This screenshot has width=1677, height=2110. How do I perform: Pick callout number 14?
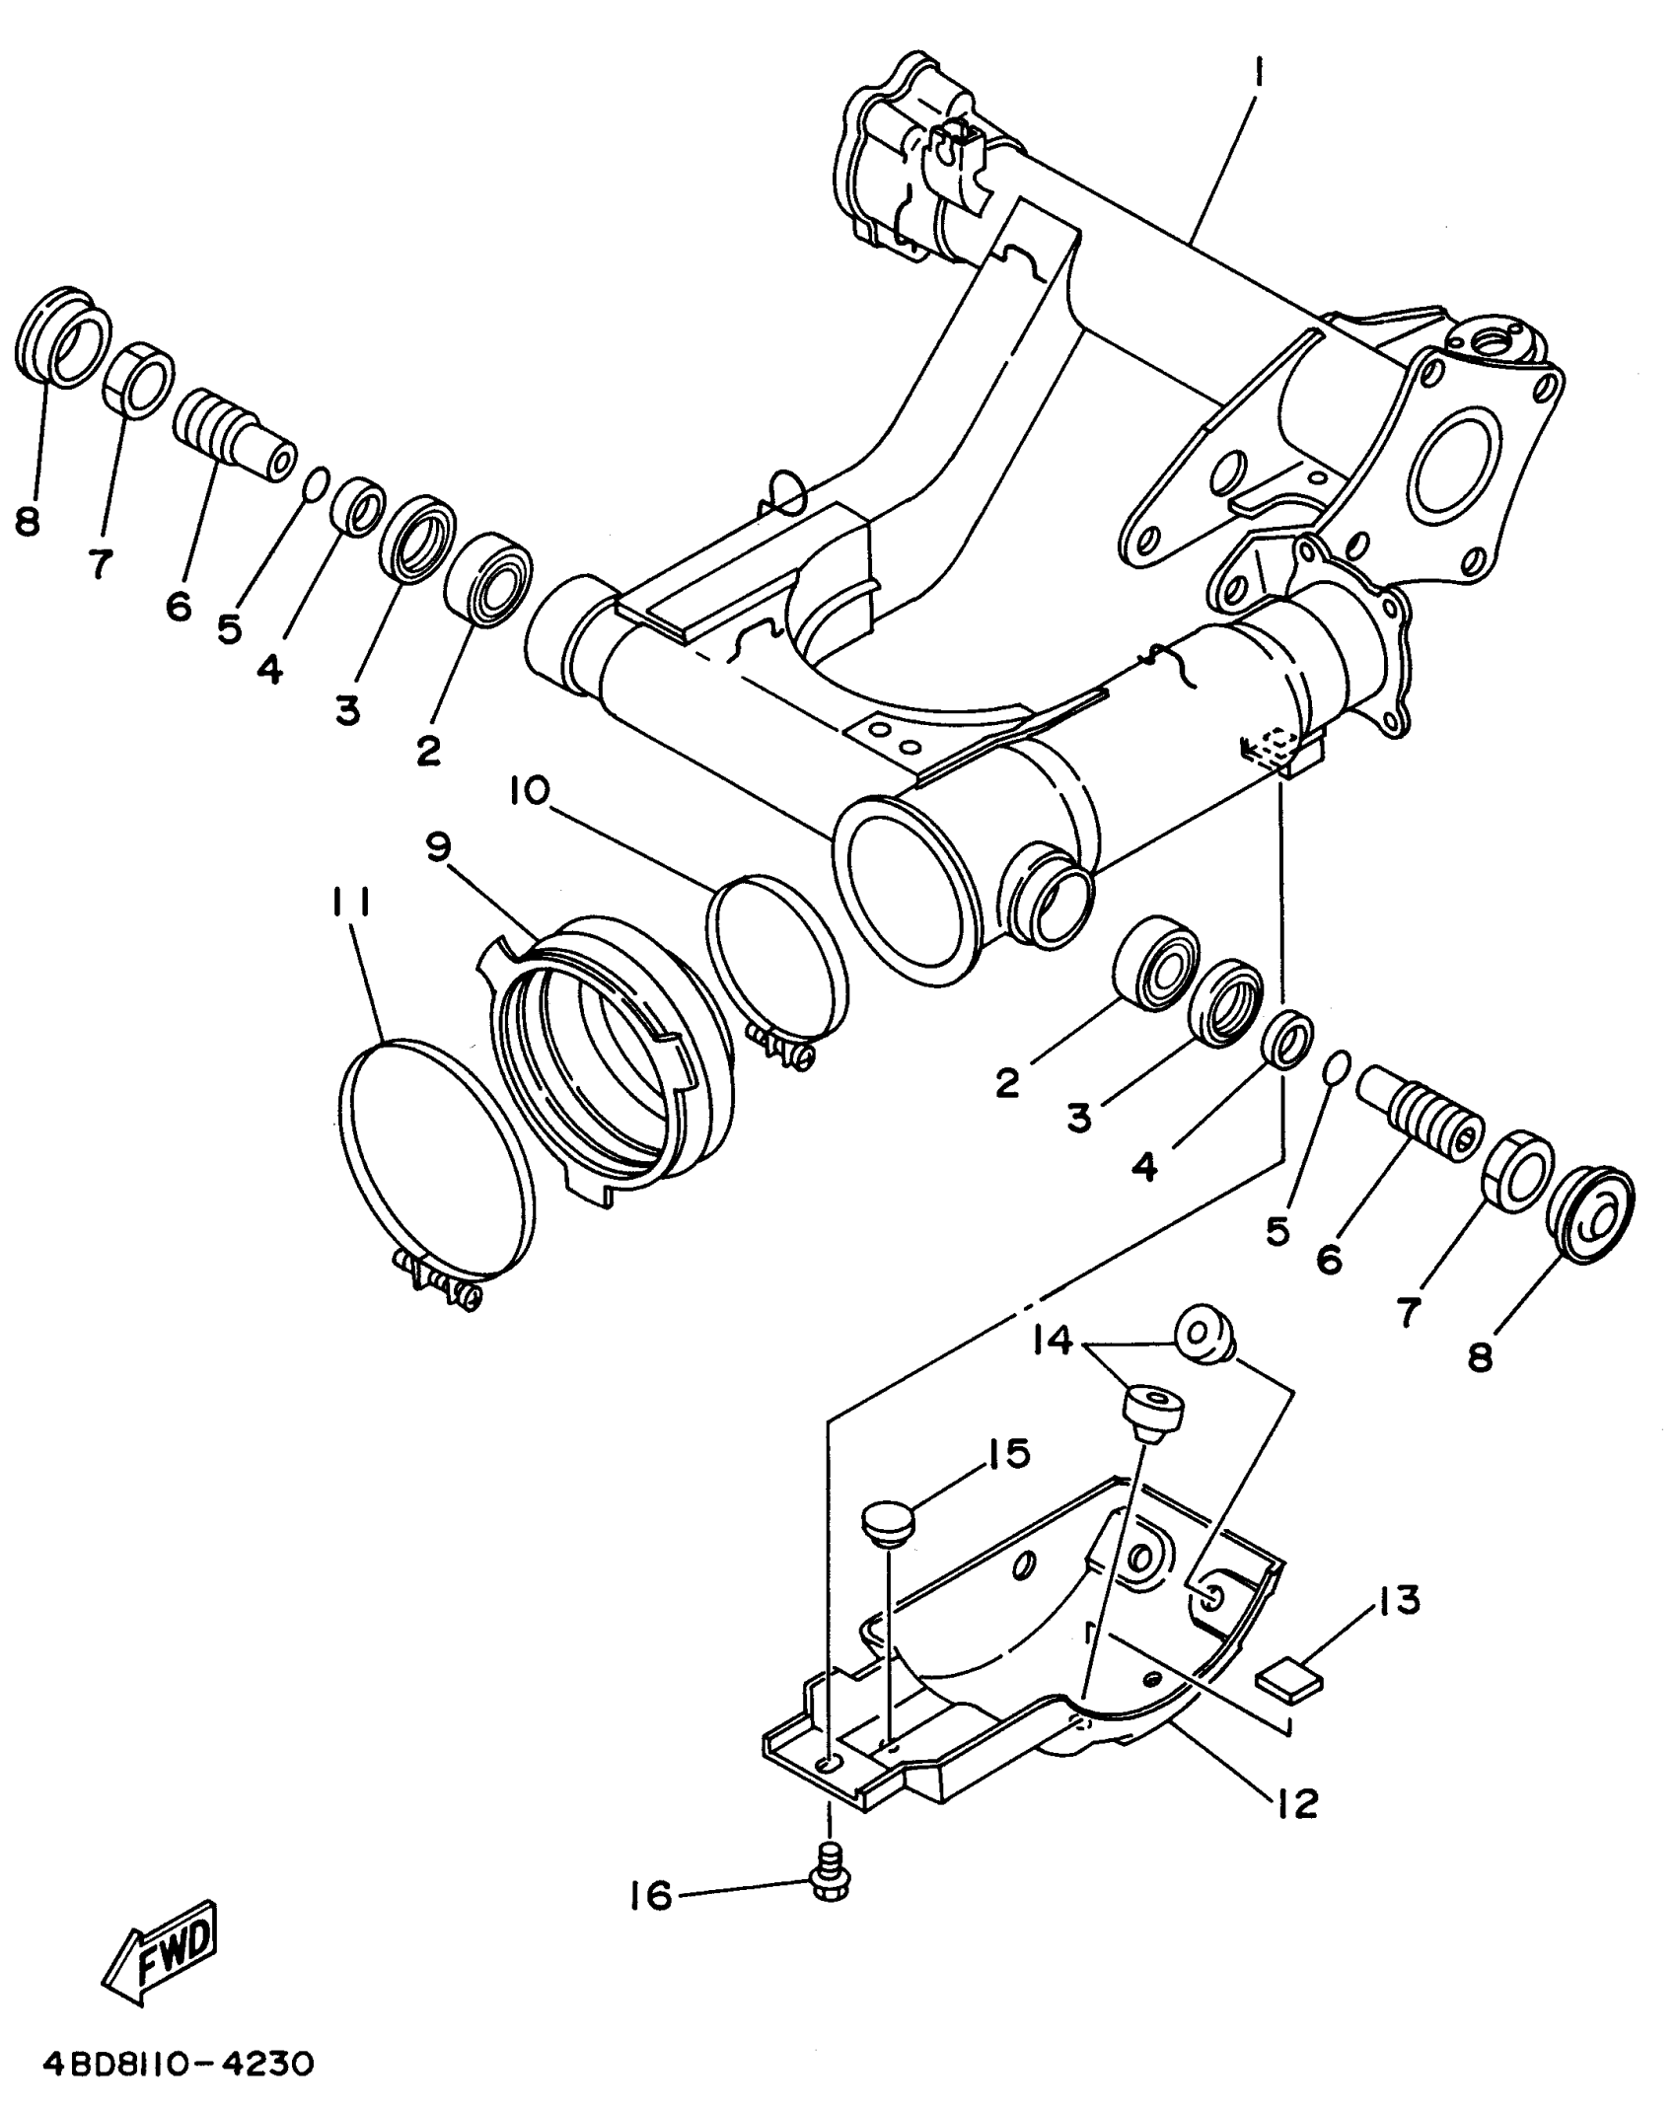click(x=1055, y=1341)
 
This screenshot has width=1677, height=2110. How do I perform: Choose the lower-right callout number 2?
click(x=1007, y=1083)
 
